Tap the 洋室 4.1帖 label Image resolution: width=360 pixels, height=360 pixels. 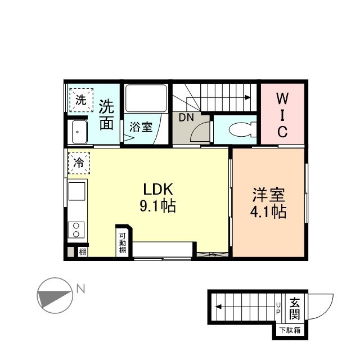click(268, 203)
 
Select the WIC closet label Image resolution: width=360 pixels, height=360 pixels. click(282, 115)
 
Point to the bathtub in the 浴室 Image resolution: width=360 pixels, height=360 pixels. click(146, 99)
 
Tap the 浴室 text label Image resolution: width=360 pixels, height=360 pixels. click(141, 127)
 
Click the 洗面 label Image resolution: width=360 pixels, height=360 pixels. click(107, 115)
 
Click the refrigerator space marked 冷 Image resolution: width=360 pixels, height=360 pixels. click(79, 163)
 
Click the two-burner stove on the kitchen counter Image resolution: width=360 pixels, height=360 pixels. click(75, 229)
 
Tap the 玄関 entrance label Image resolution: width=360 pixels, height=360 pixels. click(294, 308)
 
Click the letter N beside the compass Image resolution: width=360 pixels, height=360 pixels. click(80, 290)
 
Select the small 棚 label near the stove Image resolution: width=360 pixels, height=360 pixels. click(83, 251)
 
